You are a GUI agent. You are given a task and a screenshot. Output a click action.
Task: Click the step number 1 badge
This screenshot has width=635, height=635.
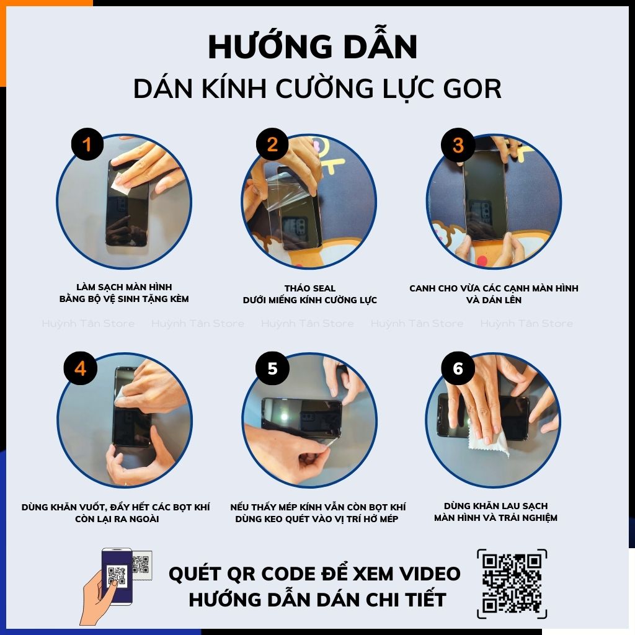[87, 146]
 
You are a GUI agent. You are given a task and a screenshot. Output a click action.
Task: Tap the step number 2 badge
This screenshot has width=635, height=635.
[272, 146]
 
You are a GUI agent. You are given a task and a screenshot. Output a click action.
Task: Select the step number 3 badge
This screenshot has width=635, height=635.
[458, 146]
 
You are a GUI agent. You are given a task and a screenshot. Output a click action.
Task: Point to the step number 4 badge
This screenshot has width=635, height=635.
[80, 369]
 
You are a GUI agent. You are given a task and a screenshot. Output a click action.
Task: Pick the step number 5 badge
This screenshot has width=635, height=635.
[272, 369]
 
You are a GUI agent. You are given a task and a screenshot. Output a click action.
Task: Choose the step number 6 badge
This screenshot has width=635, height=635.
[458, 369]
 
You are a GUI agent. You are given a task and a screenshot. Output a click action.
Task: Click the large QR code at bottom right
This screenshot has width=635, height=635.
[512, 583]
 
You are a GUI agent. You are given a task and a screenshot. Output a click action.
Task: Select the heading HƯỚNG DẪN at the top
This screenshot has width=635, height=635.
[313, 47]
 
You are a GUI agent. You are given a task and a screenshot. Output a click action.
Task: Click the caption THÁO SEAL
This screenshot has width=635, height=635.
[310, 288]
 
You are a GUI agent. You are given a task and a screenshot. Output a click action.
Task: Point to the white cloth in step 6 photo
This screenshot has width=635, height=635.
[487, 437]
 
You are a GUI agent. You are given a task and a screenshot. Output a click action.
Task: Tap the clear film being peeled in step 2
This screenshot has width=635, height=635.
[285, 192]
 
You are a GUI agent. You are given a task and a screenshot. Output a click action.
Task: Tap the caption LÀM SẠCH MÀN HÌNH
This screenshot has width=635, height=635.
[124, 287]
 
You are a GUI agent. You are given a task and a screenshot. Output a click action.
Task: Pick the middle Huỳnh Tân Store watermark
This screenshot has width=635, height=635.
[308, 323]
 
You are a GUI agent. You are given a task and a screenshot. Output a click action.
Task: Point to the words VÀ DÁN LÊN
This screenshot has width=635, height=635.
[494, 300]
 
